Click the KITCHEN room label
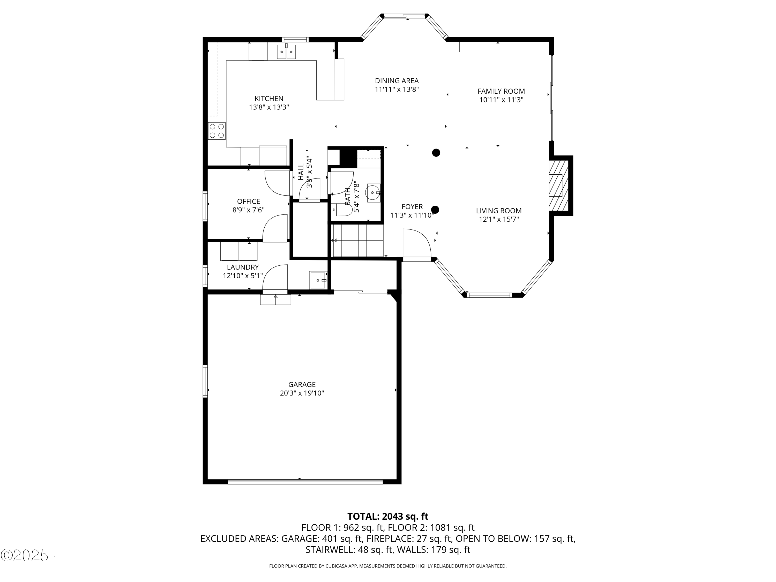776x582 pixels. pos(269,99)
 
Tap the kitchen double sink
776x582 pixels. pos(286,52)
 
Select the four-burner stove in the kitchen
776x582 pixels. pos(217,131)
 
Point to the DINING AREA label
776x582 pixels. pos(397,81)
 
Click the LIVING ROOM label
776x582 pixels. pos(498,211)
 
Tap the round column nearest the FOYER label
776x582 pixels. pos(435,210)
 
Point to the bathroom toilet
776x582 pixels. pos(342,210)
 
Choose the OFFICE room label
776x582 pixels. pos(248,201)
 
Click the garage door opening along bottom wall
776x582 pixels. pos(305,482)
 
